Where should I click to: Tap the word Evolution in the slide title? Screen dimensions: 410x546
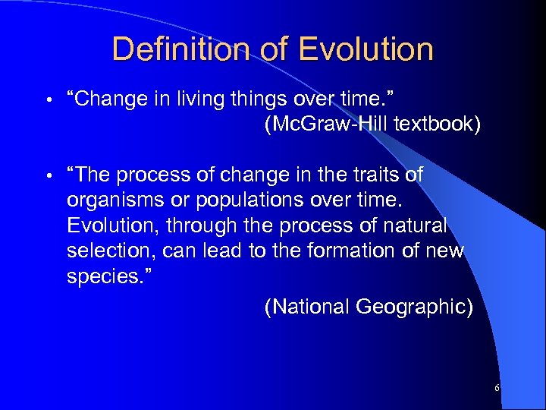coord(366,50)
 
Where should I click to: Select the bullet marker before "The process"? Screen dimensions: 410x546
coord(47,176)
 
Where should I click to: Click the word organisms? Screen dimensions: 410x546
coord(112,201)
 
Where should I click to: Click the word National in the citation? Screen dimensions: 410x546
coord(305,307)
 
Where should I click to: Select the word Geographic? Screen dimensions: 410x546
coord(413,307)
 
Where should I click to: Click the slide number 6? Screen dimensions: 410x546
coord(497,388)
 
